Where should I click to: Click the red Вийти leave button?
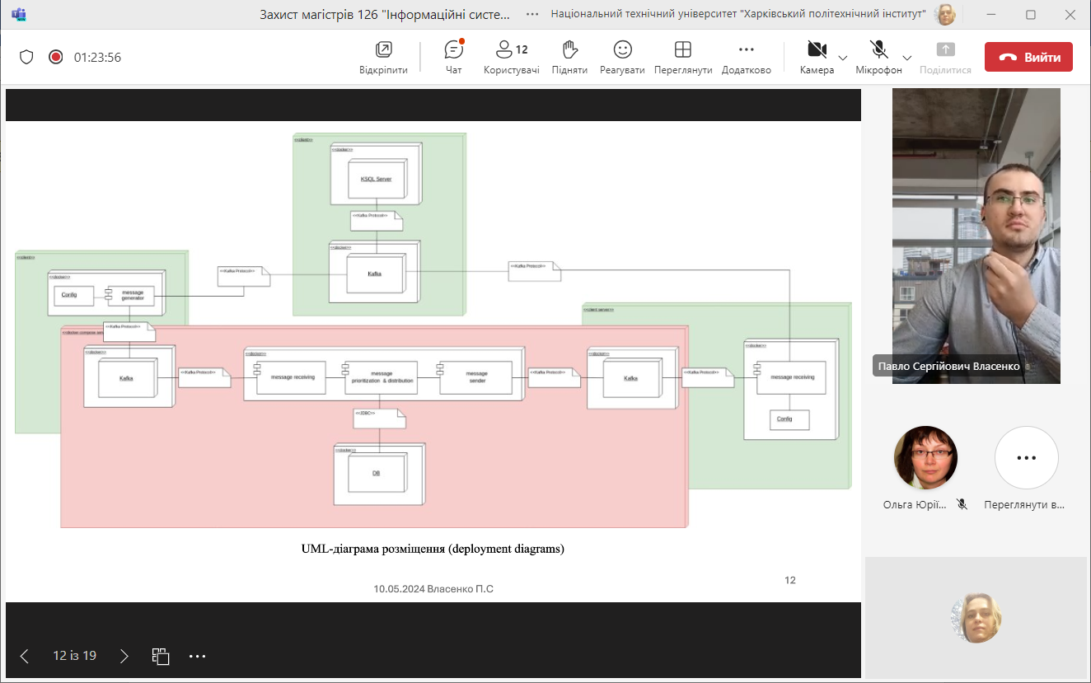1028,58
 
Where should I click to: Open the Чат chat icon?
453,49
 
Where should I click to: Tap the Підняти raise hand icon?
569,49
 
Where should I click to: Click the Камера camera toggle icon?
817,49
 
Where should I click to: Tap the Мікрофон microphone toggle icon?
878,49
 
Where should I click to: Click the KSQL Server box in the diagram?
376,179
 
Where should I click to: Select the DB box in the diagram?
376,474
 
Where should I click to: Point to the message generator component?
132,295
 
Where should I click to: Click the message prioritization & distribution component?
382,377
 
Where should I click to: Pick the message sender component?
476,377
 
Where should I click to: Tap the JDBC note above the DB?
379,419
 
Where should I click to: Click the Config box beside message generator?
70,295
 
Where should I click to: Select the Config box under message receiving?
789,419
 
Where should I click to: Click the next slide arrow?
124,656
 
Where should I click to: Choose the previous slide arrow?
24,656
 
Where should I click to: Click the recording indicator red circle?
55,57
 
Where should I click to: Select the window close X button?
1068,14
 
